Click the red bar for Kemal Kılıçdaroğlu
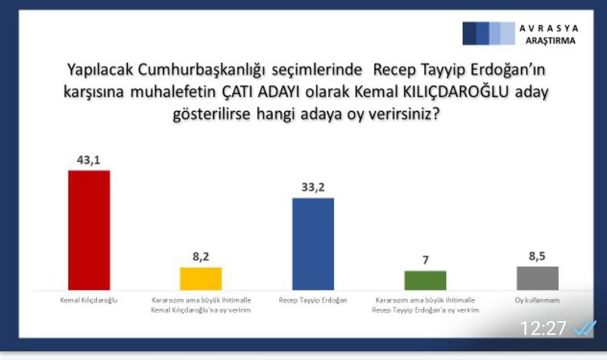89,230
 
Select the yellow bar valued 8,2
201,278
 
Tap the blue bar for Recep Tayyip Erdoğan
313,244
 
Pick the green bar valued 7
425,280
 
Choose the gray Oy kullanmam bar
538,278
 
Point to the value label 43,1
89,160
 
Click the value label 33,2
313,188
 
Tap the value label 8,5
537,256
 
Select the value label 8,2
201,257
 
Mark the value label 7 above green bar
426,260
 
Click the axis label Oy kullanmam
537,300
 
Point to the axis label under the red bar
89,300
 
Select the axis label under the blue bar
313,300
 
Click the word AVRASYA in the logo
549,28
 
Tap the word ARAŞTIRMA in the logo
550,41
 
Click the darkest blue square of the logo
469,34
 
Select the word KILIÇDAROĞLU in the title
456,92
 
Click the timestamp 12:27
543,329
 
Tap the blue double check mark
585,329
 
